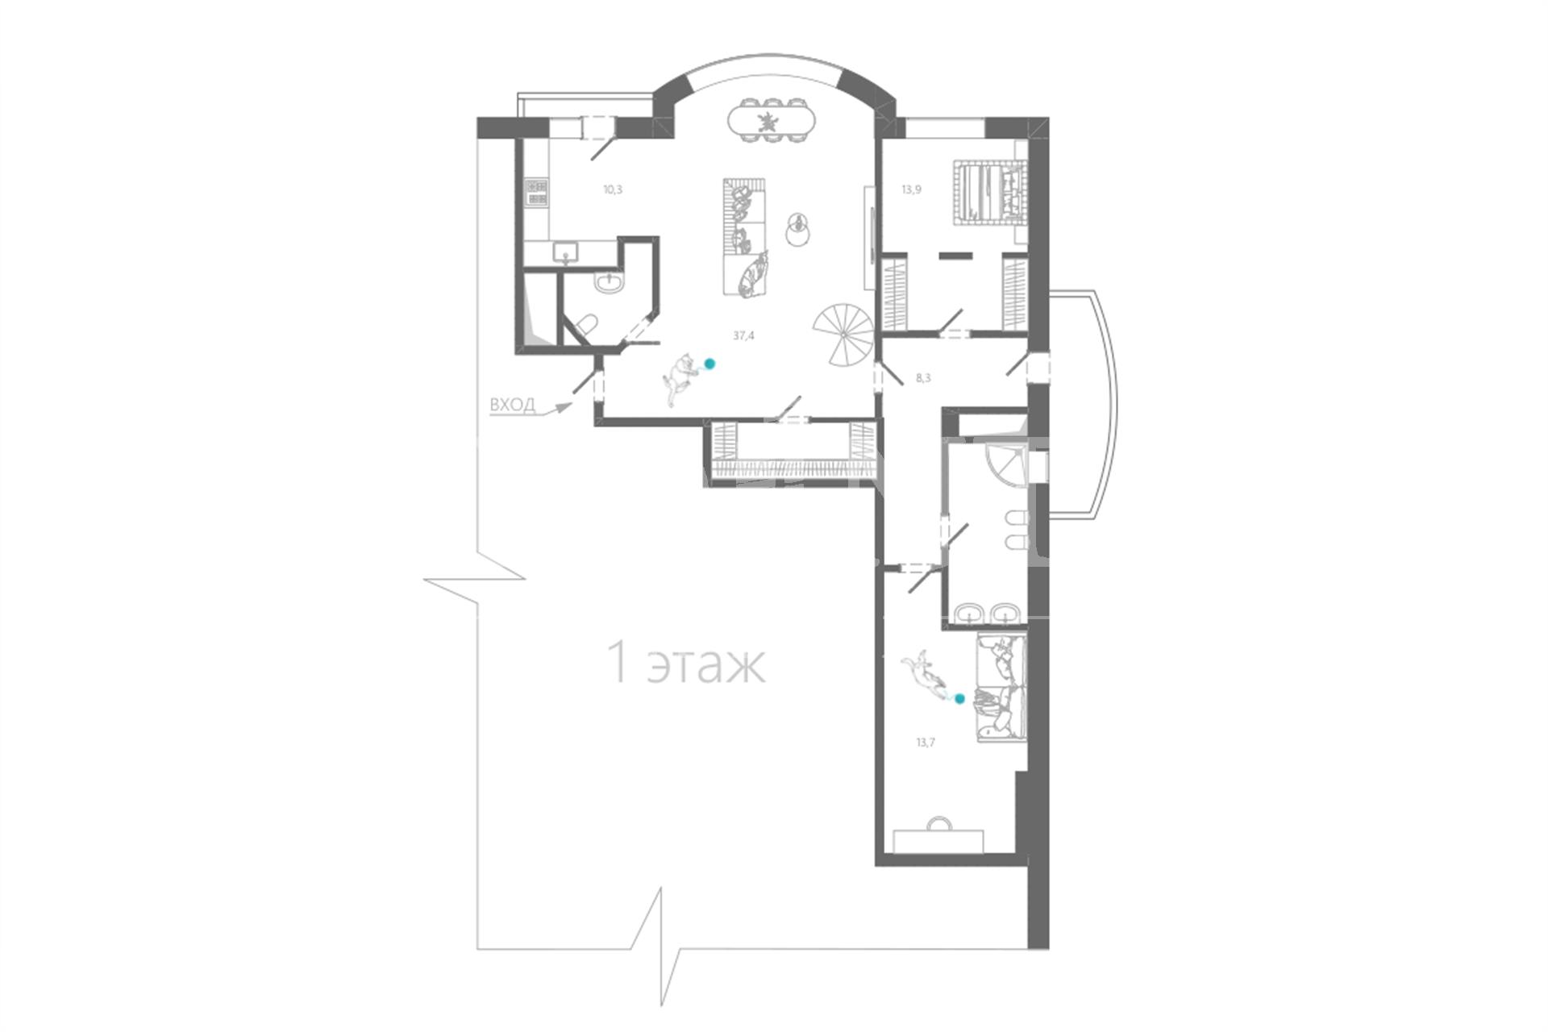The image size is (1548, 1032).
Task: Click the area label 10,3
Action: (613, 190)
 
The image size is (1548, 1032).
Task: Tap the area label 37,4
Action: (743, 336)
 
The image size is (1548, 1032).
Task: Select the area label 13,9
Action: (911, 190)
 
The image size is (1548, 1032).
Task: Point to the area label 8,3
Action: (924, 377)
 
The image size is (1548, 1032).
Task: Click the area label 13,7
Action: (925, 743)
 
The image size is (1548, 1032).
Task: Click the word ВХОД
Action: (512, 405)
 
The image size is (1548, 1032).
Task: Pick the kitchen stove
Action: (536, 191)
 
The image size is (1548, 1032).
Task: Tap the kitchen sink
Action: (566, 252)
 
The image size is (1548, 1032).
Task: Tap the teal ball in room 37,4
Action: (709, 364)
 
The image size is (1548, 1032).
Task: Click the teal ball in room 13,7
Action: (959, 699)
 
